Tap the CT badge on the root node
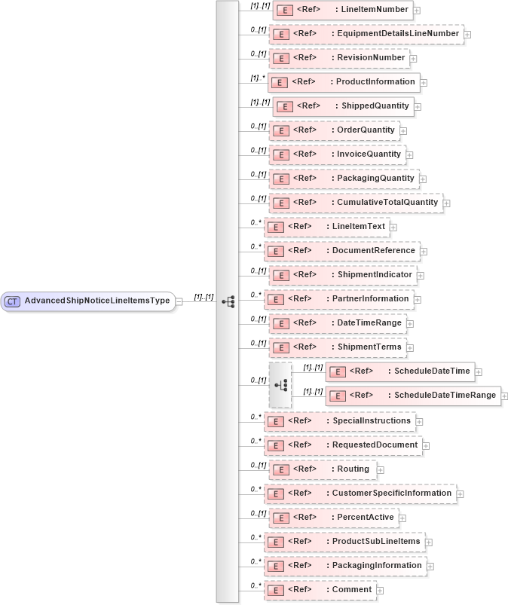pos(12,301)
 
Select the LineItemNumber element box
pos(342,10)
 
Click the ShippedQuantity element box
pos(342,106)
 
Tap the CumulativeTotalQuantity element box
pos(355,203)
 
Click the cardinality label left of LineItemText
pos(256,224)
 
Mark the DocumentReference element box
pos(341,251)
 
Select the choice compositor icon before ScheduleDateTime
pos(280,385)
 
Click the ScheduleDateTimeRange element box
pos(412,396)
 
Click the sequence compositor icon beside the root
pos(228,301)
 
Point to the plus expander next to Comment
pos(381,590)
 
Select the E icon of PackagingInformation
pos(276,566)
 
